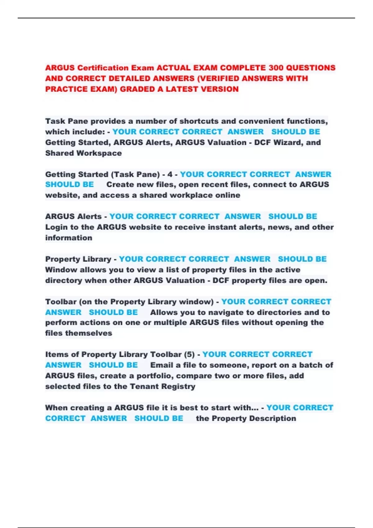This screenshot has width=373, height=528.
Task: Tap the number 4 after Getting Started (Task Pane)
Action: (x=170, y=174)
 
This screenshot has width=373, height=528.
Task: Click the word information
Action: (x=69, y=238)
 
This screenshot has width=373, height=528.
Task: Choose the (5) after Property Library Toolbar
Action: (x=189, y=354)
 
